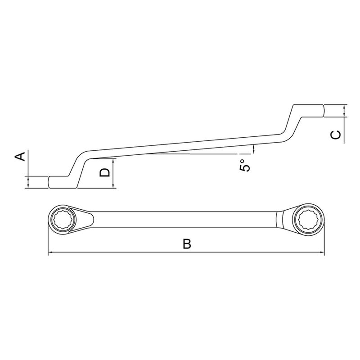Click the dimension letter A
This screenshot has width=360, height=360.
[x=20, y=157]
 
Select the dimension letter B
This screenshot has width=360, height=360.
[x=187, y=244]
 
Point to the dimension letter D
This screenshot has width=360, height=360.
[x=104, y=172]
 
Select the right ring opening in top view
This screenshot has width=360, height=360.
[x=308, y=220]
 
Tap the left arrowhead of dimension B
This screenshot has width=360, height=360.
[x=50, y=252]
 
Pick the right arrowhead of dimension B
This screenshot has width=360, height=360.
[x=322, y=252]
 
